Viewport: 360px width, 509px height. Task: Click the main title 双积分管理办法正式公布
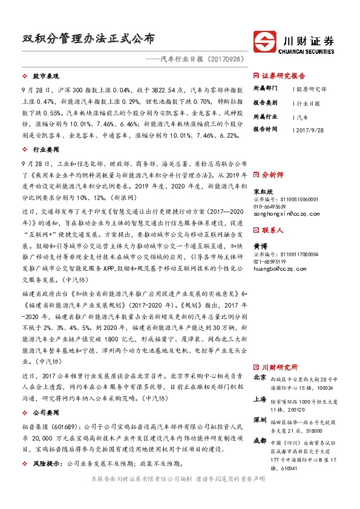point(85,39)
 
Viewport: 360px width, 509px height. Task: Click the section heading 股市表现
point(45,77)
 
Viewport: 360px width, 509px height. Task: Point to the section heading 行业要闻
point(45,148)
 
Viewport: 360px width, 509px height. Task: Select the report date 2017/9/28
point(312,129)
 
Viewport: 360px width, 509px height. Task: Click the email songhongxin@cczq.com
point(281,213)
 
